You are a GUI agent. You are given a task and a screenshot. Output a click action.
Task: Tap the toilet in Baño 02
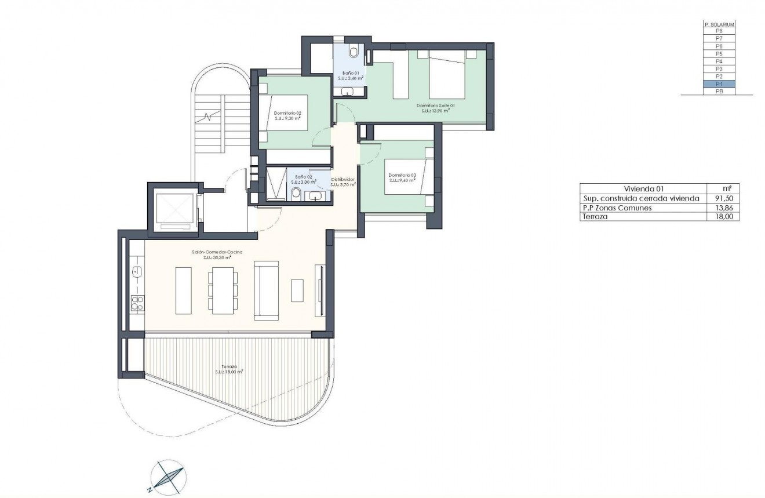pos(296,193)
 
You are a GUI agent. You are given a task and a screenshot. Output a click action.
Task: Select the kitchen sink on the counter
pos(137,271)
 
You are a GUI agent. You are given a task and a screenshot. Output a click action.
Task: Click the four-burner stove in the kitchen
pos(137,301)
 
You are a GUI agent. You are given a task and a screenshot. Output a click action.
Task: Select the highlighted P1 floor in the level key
pos(719,84)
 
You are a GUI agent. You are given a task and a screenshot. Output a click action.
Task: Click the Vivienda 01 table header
pos(643,189)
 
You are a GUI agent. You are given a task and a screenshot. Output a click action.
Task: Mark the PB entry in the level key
pos(719,92)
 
